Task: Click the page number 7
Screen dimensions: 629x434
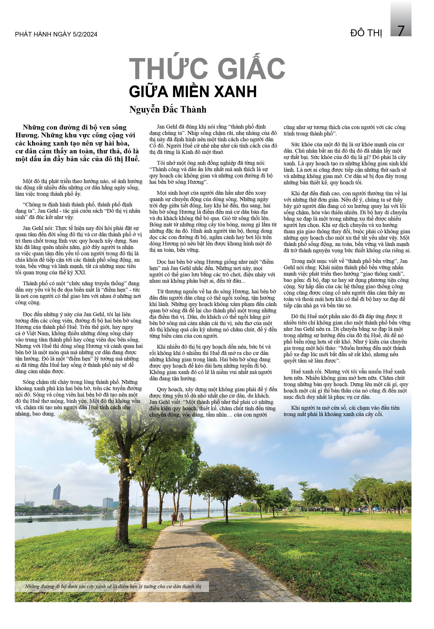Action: [401, 31]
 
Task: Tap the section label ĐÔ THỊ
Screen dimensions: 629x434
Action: [366, 33]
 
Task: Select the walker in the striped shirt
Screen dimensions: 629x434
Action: [181, 519]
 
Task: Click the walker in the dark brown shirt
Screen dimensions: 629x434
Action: [174, 519]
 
